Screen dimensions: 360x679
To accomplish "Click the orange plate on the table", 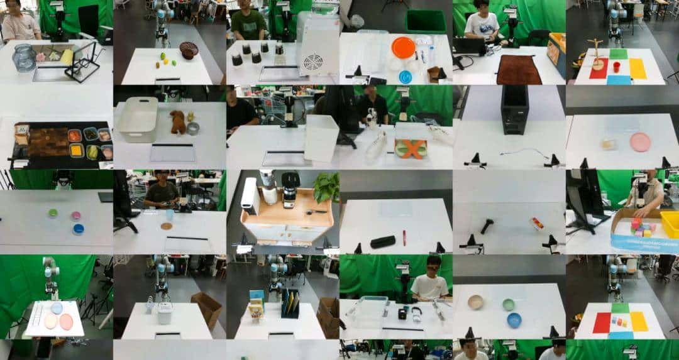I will point(403,46).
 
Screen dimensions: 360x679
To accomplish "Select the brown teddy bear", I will point(178,122).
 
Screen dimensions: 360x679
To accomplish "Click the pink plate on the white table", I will point(640,142).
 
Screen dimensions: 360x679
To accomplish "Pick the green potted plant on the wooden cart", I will point(327,187).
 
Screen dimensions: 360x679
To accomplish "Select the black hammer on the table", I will point(487,225).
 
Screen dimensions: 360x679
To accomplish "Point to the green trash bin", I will point(425,21).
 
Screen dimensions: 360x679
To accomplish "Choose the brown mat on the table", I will point(519,70).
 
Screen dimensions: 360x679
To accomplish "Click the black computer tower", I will point(514,109).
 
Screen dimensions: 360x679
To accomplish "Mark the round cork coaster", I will point(167,226).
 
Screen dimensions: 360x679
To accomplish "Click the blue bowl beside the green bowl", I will point(514,320).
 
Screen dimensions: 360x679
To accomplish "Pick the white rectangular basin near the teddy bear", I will point(138,119).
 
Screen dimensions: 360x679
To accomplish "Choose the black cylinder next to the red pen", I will point(382,241).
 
